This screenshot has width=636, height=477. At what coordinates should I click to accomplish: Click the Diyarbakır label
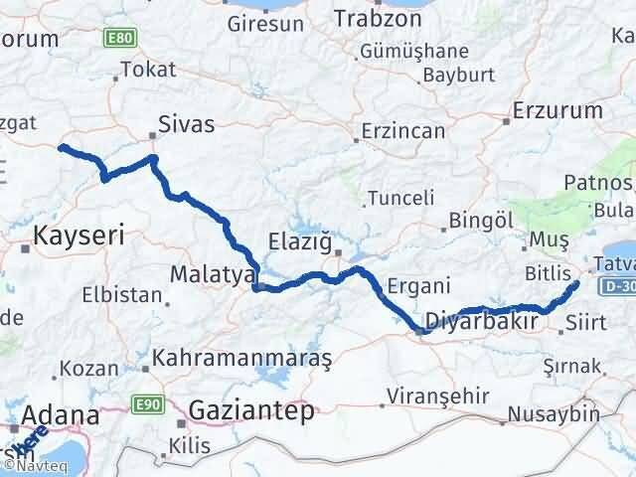481,322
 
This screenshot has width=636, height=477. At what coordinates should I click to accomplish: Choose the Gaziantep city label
251,409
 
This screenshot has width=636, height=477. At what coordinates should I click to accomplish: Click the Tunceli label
400,198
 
